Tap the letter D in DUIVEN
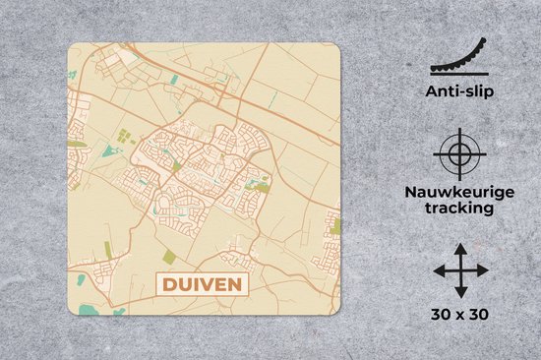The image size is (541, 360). pyautogui.click(x=166, y=286)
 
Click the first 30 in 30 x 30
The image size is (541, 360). pyautogui.click(x=439, y=316)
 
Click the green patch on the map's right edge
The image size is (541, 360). pyautogui.click(x=335, y=225)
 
